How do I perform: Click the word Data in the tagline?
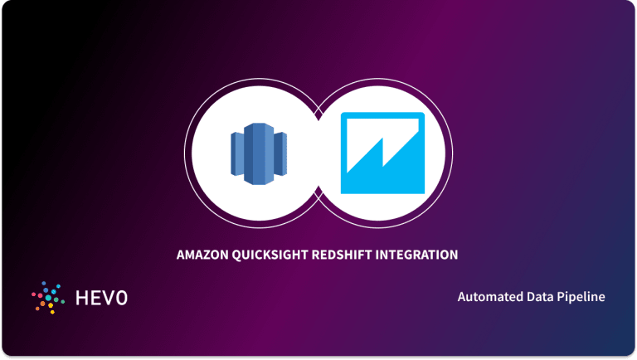(541, 297)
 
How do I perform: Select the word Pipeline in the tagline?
(583, 297)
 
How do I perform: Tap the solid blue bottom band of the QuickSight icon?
(382, 183)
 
